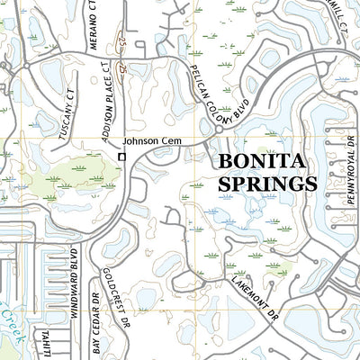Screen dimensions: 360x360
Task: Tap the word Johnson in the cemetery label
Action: tap(139, 141)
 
